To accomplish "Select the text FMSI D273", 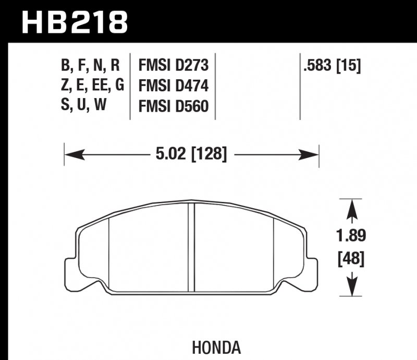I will [173, 66].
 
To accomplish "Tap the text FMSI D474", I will [173, 86].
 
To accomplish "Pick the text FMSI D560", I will [173, 106].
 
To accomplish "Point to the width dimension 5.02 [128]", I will [191, 154].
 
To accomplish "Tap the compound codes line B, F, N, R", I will [90, 66].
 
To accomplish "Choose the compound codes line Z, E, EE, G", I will [92, 86].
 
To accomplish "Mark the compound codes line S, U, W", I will [83, 106].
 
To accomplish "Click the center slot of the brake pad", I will [191, 246].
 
